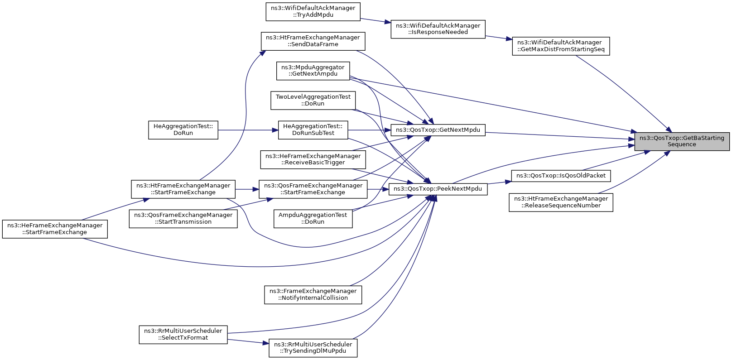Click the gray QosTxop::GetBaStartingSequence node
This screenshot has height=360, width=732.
pyautogui.click(x=682, y=141)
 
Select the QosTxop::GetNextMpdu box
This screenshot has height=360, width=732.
pyautogui.click(x=438, y=130)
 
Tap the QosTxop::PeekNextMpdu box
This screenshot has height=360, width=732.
pyautogui.click(x=438, y=189)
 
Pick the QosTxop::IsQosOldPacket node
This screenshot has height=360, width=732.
pyautogui.click(x=561, y=176)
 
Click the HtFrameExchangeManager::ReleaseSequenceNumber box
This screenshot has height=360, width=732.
pyautogui.click(x=561, y=202)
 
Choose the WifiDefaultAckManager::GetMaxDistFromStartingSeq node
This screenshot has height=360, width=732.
pyautogui.click(x=561, y=46)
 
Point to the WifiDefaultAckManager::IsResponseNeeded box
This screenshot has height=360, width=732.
pyautogui.click(x=438, y=29)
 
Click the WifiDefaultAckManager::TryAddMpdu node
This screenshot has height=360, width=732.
pyautogui.click(x=313, y=12)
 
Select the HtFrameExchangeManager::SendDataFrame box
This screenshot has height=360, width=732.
pyautogui.click(x=313, y=41)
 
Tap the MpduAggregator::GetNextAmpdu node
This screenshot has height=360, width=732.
pyautogui.click(x=313, y=71)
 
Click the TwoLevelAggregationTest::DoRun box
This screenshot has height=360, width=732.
pyautogui.click(x=313, y=100)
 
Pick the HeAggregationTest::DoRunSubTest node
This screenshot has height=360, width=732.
pyautogui.click(x=313, y=130)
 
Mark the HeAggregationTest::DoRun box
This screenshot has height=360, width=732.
pyautogui.click(x=183, y=130)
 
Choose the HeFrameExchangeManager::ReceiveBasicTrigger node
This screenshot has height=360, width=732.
pyautogui.click(x=313, y=159)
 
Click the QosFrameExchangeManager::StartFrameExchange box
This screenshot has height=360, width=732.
pyautogui.click(x=313, y=189)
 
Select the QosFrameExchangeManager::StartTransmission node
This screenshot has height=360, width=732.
pyautogui.click(x=183, y=219)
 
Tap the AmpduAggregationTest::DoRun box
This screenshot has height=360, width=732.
pyautogui.click(x=313, y=219)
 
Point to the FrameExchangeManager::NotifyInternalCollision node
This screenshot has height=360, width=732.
pyautogui.click(x=313, y=294)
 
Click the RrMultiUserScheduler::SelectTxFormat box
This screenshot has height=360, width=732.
pyautogui.click(x=183, y=335)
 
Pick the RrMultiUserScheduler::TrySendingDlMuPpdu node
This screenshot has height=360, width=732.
pyautogui.click(x=313, y=348)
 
